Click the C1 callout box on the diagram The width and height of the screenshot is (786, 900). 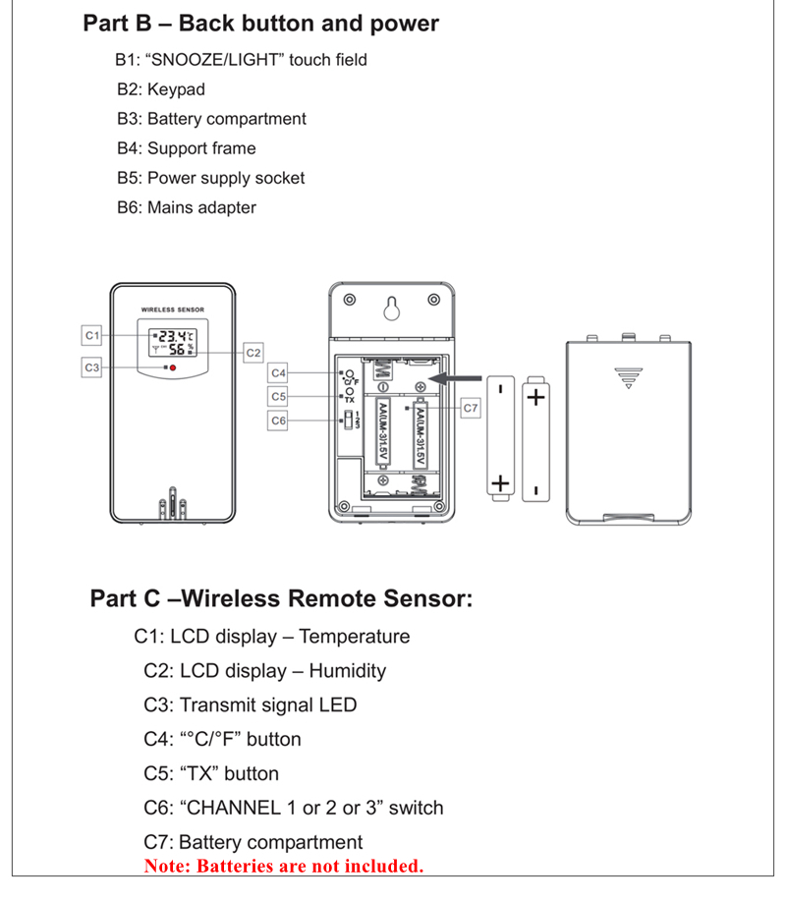91,335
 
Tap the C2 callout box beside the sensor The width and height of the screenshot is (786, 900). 253,351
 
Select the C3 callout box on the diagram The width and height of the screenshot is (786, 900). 91,366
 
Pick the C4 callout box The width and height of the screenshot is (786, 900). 279,372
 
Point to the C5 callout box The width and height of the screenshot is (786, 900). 279,396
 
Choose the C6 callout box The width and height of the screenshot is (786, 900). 279,421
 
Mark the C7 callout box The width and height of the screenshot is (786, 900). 470,406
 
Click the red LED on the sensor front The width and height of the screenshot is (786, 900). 172,367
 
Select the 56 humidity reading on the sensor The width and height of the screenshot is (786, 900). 175,349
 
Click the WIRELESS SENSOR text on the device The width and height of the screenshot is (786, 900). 172,309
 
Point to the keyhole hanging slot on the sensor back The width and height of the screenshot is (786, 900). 390,308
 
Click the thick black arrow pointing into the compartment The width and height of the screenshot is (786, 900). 458,377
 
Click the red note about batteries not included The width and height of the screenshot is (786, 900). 283,867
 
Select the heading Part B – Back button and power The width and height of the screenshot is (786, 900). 261,24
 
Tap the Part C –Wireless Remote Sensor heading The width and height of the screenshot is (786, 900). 281,598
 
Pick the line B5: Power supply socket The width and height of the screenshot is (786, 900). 210,178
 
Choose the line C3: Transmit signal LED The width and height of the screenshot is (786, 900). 250,704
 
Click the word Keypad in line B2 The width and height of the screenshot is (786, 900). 176,89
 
